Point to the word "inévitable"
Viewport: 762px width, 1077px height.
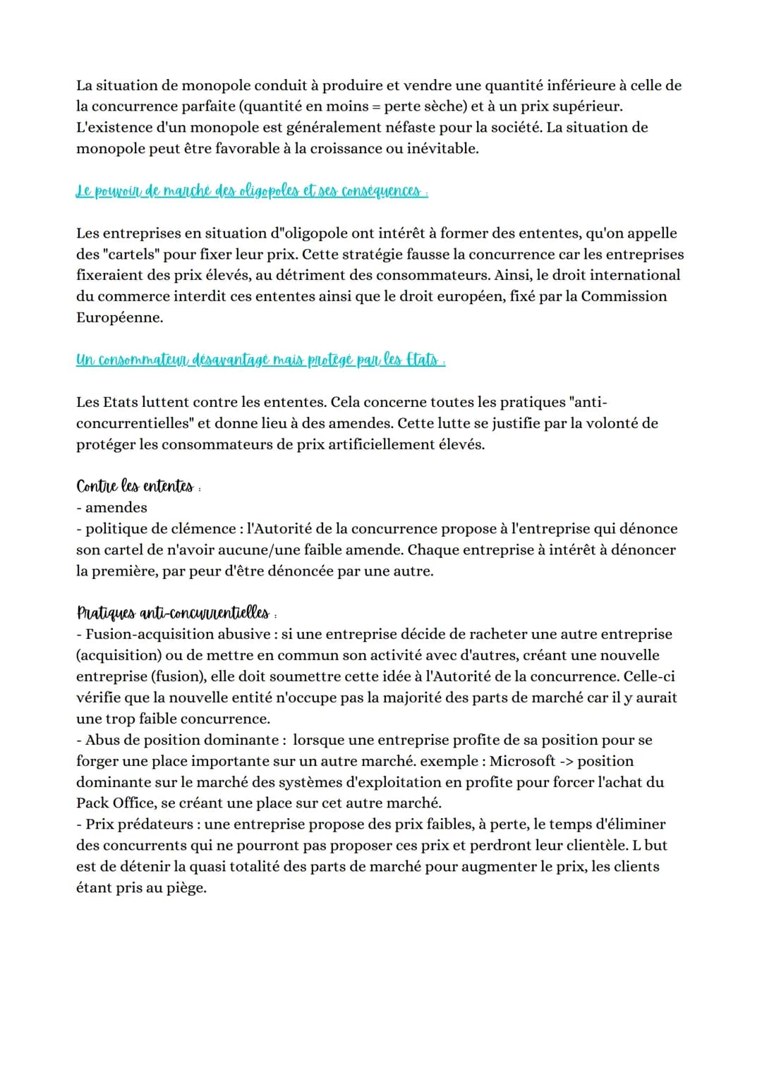[441, 149]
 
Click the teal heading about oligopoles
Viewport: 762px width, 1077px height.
[251, 191]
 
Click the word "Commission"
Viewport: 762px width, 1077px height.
[624, 296]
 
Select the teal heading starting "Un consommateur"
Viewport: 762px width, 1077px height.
[260, 360]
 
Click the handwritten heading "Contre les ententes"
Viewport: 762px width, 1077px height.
[135, 487]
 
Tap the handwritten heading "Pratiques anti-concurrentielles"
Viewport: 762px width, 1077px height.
[173, 612]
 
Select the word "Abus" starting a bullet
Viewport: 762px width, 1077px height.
[104, 740]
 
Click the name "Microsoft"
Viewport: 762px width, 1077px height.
[522, 761]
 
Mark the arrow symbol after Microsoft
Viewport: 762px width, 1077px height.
[566, 761]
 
